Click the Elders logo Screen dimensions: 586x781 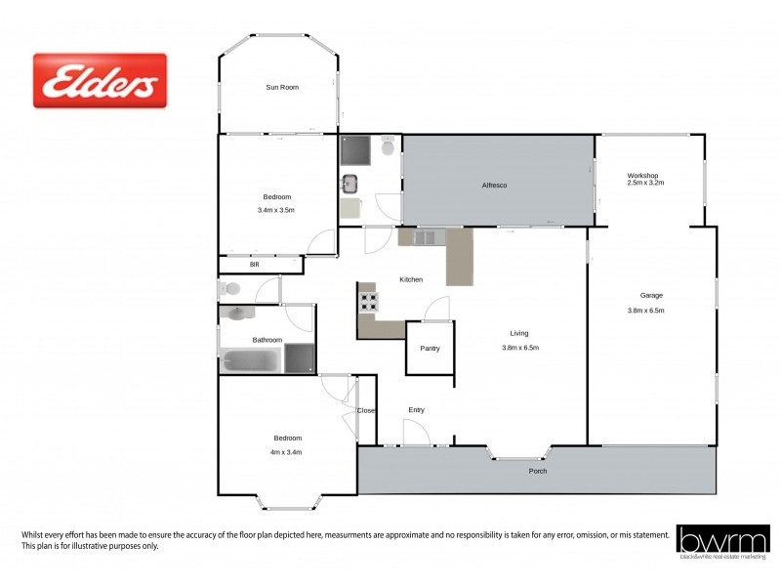click(101, 80)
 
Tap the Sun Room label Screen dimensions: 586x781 click(282, 87)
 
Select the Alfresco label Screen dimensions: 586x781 click(494, 185)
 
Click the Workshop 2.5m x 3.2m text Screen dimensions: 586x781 click(644, 180)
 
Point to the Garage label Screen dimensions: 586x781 click(651, 295)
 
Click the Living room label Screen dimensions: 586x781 click(519, 333)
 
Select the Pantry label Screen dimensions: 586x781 click(430, 348)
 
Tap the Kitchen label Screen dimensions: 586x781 click(411, 279)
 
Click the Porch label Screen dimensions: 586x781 click(537, 471)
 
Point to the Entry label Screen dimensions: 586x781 click(416, 410)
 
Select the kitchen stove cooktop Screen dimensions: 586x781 click(369, 300)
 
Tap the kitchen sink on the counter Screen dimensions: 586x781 click(427, 236)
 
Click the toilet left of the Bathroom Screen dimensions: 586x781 click(228, 288)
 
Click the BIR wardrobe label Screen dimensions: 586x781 click(255, 264)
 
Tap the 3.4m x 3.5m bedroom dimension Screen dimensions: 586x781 click(275, 210)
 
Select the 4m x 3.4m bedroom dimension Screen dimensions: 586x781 click(287, 451)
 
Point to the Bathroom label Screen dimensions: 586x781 click(267, 340)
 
